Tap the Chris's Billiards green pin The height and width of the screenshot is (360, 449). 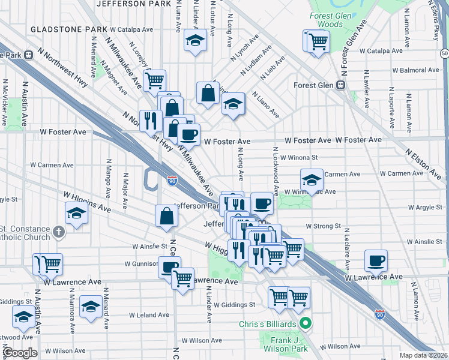click(306, 325)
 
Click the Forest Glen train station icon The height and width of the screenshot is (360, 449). click(340, 85)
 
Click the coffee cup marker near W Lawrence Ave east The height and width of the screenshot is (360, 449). click(376, 260)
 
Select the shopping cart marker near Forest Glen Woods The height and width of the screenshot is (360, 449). click(318, 41)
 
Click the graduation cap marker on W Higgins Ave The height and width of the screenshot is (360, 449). click(76, 213)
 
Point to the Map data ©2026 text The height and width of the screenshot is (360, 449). click(424, 355)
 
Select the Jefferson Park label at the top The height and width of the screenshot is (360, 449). click(129, 4)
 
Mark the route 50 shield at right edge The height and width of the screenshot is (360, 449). click(444, 53)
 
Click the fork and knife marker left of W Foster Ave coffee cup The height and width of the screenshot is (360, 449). click(149, 120)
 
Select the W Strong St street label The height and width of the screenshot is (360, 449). click(323, 226)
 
